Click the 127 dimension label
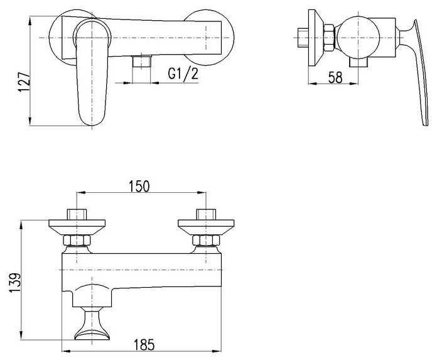[x=24, y=82]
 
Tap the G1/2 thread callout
[x=183, y=74]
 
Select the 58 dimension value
[x=335, y=77]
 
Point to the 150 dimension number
[x=139, y=186]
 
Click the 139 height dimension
[x=15, y=283]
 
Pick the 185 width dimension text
[x=144, y=345]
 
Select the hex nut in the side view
[x=328, y=38]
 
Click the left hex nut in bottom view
[x=77, y=241]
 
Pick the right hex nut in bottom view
[x=206, y=241]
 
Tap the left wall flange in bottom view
[x=77, y=227]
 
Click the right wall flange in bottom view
[x=206, y=227]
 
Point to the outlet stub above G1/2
[x=142, y=61]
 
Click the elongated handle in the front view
[x=92, y=73]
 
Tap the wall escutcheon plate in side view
[x=316, y=38]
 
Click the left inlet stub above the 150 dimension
[x=77, y=214]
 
